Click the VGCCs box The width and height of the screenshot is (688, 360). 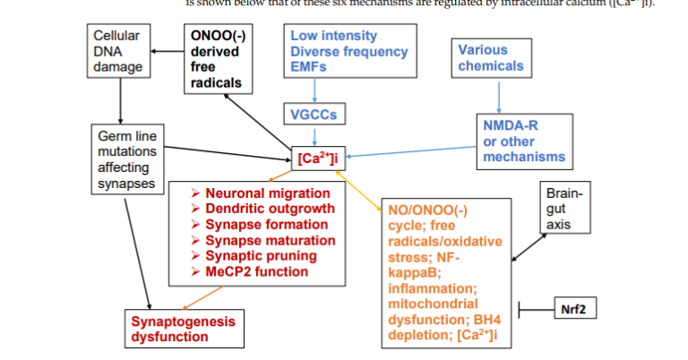[x=314, y=115]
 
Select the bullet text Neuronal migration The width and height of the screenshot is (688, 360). [x=267, y=193]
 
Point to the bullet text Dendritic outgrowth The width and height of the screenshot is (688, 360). [x=270, y=209]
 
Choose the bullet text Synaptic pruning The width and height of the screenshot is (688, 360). [x=260, y=255]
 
